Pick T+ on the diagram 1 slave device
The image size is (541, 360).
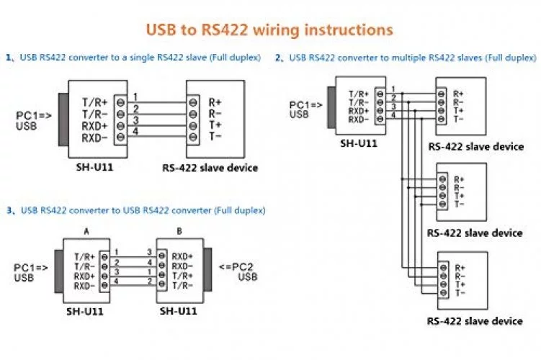click(x=215, y=124)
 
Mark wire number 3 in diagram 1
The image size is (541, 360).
click(x=135, y=120)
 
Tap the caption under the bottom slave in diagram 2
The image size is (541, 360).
click(x=475, y=321)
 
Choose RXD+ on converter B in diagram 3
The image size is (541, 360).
click(x=183, y=256)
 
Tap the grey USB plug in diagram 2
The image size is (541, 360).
click(x=331, y=105)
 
